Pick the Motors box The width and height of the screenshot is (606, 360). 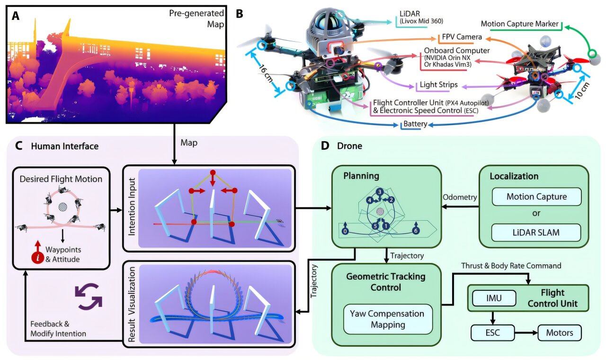pyautogui.click(x=560, y=333)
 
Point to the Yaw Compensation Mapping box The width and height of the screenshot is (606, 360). pyautogui.click(x=386, y=319)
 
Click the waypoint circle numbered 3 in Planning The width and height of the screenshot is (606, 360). pyautogui.click(x=379, y=191)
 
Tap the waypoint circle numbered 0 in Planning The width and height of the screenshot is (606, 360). pyautogui.click(x=345, y=231)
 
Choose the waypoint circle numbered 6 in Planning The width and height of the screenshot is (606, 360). pyautogui.click(x=415, y=231)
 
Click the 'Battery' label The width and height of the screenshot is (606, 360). pyautogui.click(x=415, y=125)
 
